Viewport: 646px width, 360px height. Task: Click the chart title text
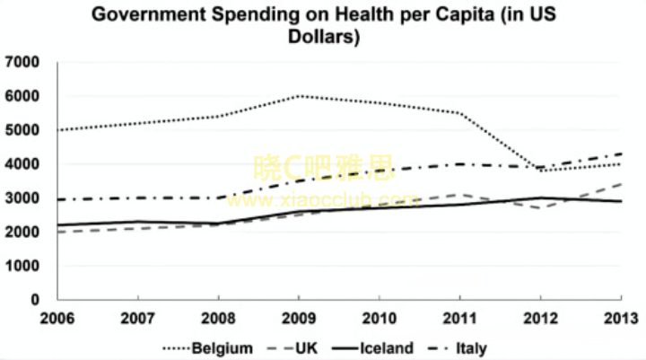pyautogui.click(x=323, y=26)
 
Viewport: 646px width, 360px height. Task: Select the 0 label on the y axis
pyautogui.click(x=35, y=300)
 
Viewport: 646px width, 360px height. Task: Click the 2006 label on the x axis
pyautogui.click(x=57, y=319)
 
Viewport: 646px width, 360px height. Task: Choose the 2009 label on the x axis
pyautogui.click(x=299, y=319)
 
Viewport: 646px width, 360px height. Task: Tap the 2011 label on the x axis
pyautogui.click(x=459, y=319)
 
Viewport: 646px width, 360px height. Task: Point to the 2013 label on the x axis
pyautogui.click(x=620, y=319)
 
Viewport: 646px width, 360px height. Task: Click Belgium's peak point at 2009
pyautogui.click(x=299, y=96)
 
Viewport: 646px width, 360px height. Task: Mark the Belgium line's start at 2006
pyautogui.click(x=58, y=130)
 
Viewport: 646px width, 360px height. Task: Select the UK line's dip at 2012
pyautogui.click(x=540, y=208)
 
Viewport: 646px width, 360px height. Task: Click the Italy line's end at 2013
pyautogui.click(x=621, y=154)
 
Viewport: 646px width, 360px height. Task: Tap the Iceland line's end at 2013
pyautogui.click(x=621, y=201)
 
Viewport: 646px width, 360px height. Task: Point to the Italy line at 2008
pyautogui.click(x=219, y=198)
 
